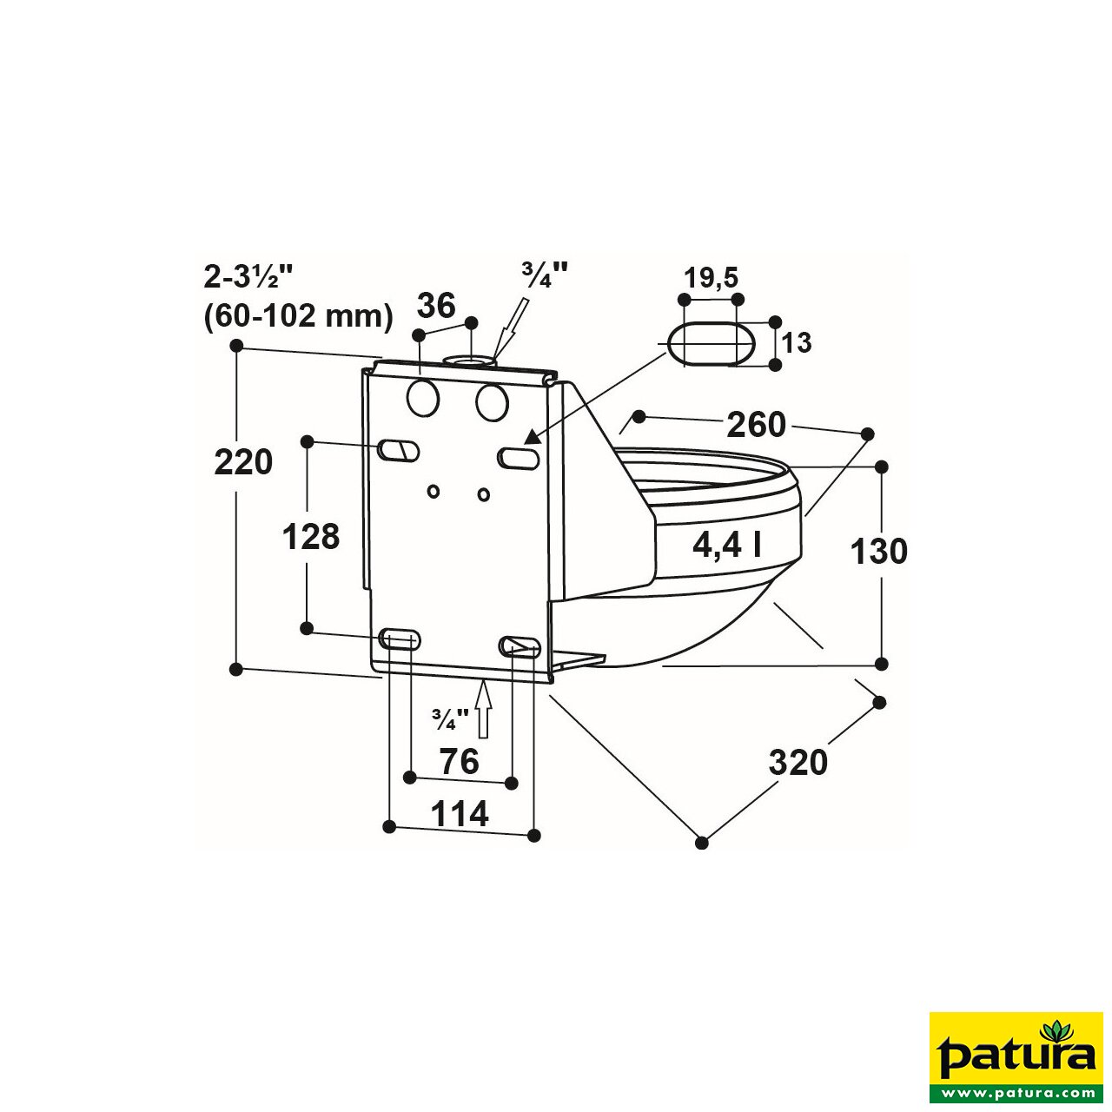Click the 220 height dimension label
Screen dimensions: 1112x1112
243,462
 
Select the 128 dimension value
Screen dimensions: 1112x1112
310,537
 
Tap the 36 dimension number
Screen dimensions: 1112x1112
436,306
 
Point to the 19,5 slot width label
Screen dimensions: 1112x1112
711,278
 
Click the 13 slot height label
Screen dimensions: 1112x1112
796,343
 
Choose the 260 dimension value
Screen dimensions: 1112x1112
756,425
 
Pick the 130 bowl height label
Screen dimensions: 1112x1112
878,552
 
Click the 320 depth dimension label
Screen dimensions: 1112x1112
798,763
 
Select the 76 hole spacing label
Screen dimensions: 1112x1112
459,762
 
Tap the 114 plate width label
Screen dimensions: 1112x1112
460,815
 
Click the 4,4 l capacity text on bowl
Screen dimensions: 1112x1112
727,545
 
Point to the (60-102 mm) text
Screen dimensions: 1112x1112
299,315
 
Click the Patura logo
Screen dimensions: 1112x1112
1016,1057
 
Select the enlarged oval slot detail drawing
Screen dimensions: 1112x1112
710,344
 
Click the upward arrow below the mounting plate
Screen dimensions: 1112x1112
484,708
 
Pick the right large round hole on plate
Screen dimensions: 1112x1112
492,403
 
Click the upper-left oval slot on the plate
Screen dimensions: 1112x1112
399,450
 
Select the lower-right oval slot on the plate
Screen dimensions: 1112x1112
520,646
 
